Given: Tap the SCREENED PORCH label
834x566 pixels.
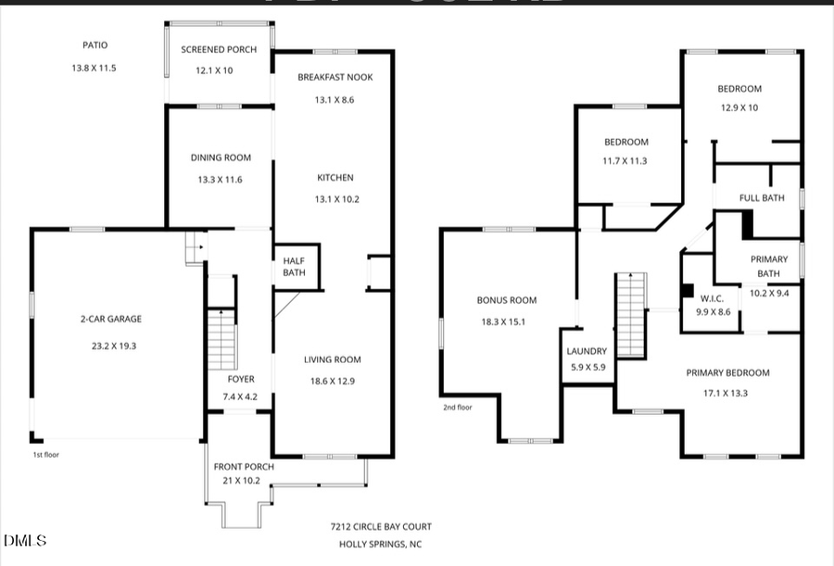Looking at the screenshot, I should (x=219, y=50).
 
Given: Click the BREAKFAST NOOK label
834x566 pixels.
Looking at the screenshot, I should (x=335, y=78).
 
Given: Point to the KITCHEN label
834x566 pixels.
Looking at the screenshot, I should (x=335, y=178).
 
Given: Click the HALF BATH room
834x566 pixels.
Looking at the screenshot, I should (x=295, y=267).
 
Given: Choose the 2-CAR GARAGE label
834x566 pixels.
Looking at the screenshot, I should (x=110, y=320).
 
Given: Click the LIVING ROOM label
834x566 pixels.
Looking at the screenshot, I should (x=333, y=359).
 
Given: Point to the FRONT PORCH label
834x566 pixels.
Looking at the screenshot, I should (x=244, y=467).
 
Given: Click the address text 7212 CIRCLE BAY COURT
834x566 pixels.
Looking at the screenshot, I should (x=381, y=526).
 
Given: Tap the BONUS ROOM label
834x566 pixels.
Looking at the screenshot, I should (x=507, y=300).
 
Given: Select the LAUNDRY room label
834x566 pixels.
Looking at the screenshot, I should (x=587, y=351).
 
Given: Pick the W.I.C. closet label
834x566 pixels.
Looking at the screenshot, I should (x=712, y=298).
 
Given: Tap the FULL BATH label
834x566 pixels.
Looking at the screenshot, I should (x=762, y=198).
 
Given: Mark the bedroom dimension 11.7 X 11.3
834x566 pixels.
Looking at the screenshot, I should (x=626, y=160).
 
